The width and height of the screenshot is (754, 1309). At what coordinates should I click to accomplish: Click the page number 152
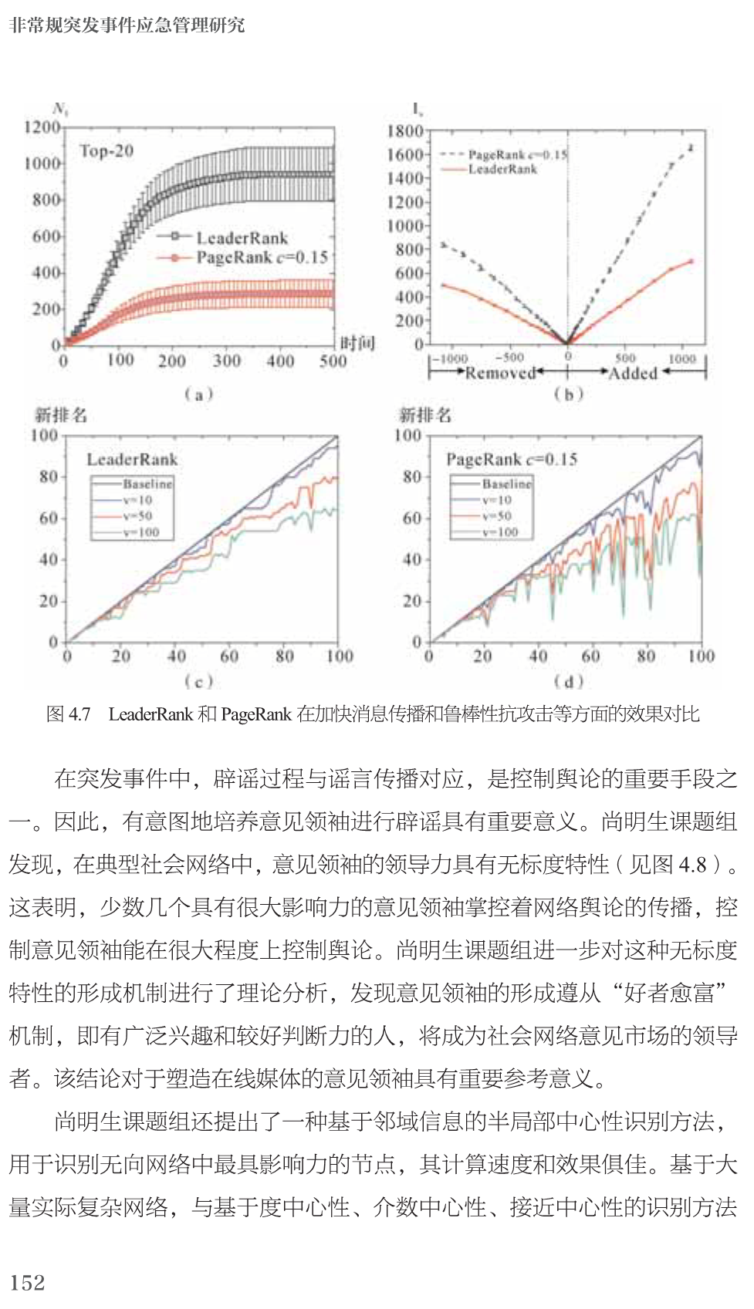(x=28, y=1282)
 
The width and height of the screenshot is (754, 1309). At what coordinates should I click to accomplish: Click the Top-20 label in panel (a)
(x=106, y=151)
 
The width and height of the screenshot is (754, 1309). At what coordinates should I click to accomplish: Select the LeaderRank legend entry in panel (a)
(x=242, y=238)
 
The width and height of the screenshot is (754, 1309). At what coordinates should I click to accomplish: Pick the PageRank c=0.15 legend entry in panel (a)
(x=262, y=257)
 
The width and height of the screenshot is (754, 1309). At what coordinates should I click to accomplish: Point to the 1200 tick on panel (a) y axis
(x=42, y=127)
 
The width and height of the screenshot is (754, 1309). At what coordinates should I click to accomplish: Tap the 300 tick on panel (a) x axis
(x=227, y=360)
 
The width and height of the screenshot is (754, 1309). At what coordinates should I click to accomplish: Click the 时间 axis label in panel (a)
(x=357, y=343)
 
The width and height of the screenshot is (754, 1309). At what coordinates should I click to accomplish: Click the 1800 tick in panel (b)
(x=405, y=131)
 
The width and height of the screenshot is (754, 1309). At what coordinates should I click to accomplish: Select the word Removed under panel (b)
(x=500, y=373)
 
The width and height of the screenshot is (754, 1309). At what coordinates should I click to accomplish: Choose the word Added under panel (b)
(x=633, y=373)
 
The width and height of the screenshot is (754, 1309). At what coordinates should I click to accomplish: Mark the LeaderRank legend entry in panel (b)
(x=502, y=169)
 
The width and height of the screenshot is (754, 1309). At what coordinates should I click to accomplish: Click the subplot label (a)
(x=198, y=395)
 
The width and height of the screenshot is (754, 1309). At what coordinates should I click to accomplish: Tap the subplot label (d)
(x=568, y=681)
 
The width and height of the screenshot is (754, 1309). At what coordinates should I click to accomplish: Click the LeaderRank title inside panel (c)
(x=132, y=460)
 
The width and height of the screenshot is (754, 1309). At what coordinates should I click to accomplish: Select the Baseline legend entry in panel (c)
(x=147, y=484)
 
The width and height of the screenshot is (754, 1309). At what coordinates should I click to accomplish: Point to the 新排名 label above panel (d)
(x=424, y=415)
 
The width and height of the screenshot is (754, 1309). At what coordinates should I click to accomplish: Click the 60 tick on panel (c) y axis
(x=49, y=518)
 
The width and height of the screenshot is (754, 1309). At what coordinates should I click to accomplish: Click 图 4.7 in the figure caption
(x=69, y=714)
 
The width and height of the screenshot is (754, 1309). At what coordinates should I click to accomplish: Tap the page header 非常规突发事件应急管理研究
(x=127, y=25)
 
